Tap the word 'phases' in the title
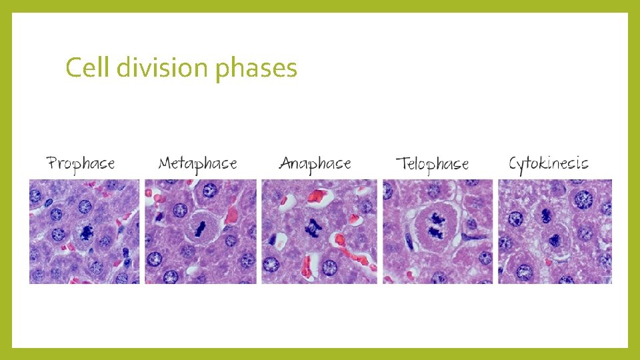(256, 69)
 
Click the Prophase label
(81, 163)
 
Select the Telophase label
(432, 164)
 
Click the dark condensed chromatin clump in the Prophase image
(86, 231)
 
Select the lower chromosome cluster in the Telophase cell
(435, 233)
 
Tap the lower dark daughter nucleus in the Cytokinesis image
(555, 239)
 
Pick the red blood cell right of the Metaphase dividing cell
(231, 215)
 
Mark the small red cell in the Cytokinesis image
(548, 262)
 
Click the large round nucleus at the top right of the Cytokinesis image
(584, 199)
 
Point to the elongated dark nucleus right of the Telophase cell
(474, 232)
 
